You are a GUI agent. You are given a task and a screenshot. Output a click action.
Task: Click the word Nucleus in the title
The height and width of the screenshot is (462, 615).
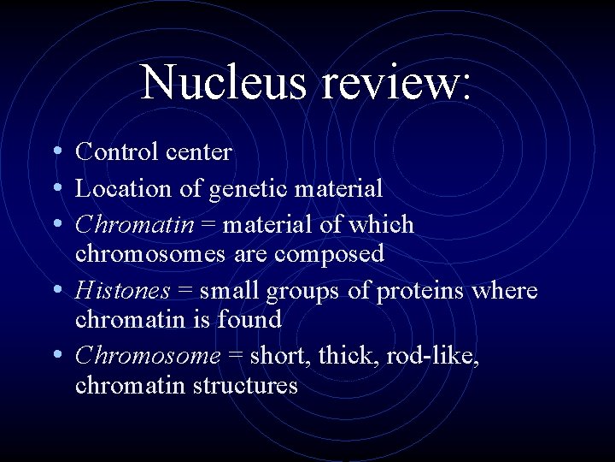[224, 83]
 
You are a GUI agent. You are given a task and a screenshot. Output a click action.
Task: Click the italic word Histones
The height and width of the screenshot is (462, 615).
[123, 291]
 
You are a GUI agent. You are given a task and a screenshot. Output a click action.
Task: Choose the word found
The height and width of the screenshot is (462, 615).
[250, 319]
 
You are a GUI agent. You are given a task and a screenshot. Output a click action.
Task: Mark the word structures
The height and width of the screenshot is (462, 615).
[245, 385]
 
